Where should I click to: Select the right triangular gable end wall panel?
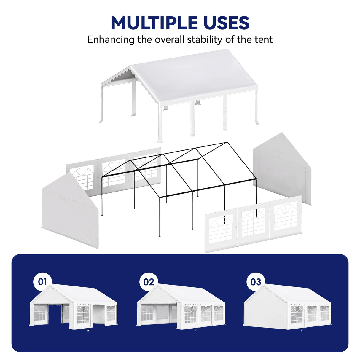[x=282, y=169]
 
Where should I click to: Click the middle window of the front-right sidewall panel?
[x=254, y=224]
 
